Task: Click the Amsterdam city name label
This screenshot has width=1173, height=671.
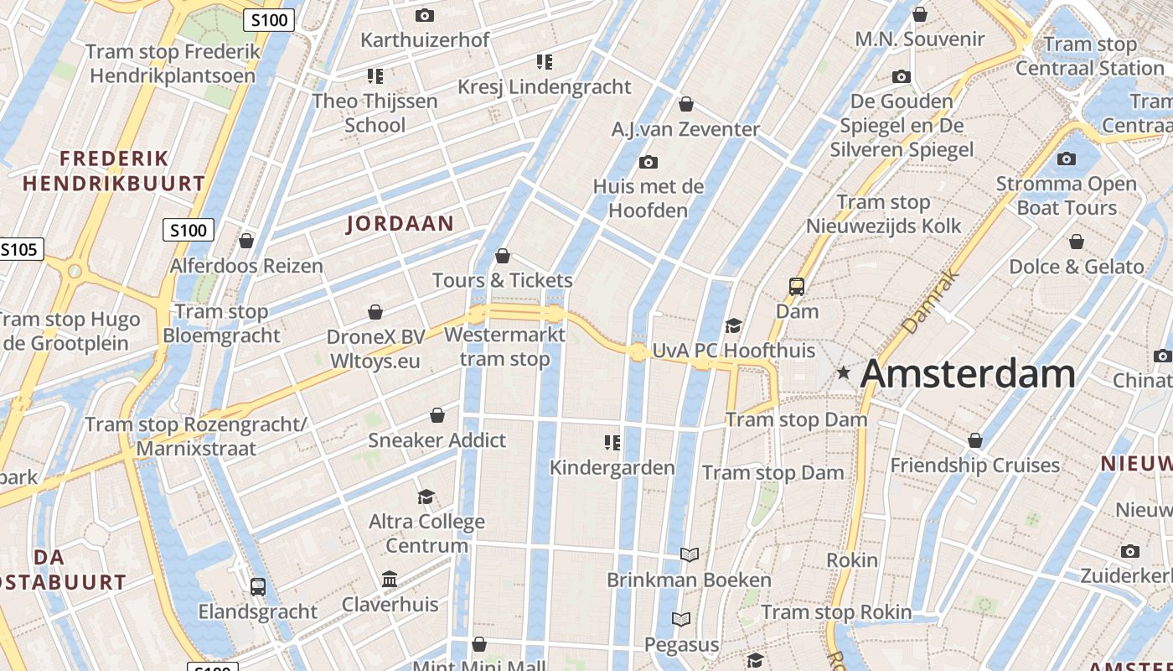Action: pyautogui.click(x=968, y=373)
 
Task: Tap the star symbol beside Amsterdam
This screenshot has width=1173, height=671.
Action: pyautogui.click(x=843, y=372)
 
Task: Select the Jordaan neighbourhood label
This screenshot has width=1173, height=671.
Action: pyautogui.click(x=400, y=224)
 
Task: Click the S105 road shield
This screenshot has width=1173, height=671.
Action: pyautogui.click(x=18, y=249)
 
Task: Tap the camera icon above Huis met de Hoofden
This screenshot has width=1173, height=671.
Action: pyautogui.click(x=648, y=162)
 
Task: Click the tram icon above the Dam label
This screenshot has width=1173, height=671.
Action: pyautogui.click(x=797, y=287)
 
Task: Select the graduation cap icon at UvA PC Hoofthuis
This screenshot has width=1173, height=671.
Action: pyautogui.click(x=733, y=325)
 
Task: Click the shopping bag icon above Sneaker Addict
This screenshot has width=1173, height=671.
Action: pyautogui.click(x=437, y=415)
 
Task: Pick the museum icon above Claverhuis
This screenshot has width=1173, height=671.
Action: pyautogui.click(x=390, y=580)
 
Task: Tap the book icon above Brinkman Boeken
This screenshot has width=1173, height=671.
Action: pyautogui.click(x=690, y=555)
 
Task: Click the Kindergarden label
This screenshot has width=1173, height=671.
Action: pyautogui.click(x=612, y=467)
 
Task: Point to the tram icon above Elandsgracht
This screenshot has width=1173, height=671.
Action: pyautogui.click(x=258, y=587)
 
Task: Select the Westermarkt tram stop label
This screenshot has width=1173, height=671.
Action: pyautogui.click(x=504, y=347)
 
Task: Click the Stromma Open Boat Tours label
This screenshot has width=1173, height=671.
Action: pyautogui.click(x=1066, y=195)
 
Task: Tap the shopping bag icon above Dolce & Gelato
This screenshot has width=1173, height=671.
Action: pyautogui.click(x=1077, y=242)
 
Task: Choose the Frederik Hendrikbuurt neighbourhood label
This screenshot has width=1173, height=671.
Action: pyautogui.click(x=114, y=170)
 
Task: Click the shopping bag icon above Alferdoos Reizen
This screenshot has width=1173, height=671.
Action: pyautogui.click(x=246, y=242)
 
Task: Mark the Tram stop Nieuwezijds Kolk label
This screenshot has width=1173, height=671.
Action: pyautogui.click(x=884, y=214)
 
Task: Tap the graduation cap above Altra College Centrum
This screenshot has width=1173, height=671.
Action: pyautogui.click(x=426, y=497)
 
